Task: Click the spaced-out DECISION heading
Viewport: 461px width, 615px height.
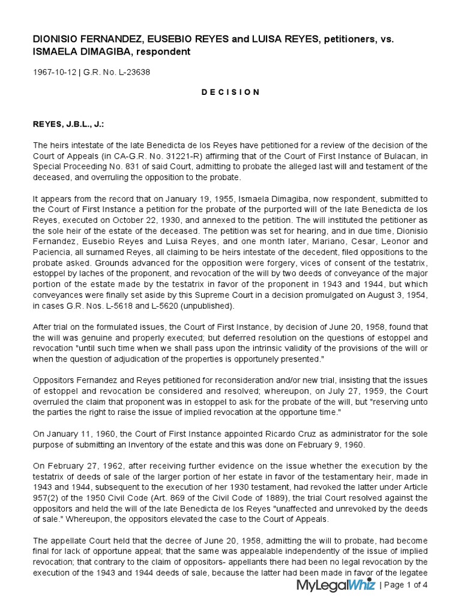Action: pyautogui.click(x=230, y=92)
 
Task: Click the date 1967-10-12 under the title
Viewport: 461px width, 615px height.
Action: pyautogui.click(x=54, y=73)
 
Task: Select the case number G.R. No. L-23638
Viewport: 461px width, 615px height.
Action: pyautogui.click(x=116, y=73)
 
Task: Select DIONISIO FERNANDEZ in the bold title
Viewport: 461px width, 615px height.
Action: pyautogui.click(x=81, y=39)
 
